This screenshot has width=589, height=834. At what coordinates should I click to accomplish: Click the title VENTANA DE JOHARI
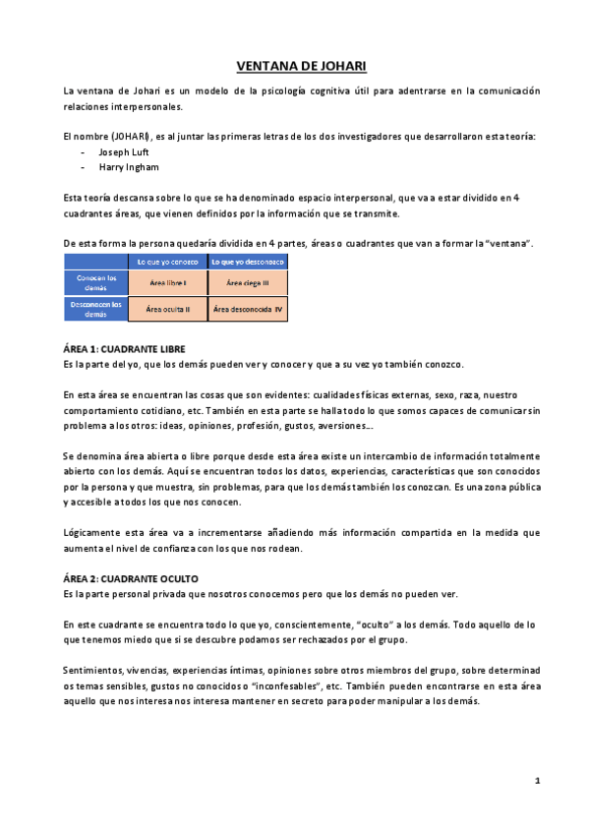click(301, 66)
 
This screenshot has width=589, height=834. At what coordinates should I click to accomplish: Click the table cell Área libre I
click(168, 282)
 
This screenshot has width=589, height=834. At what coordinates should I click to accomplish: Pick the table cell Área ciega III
click(248, 282)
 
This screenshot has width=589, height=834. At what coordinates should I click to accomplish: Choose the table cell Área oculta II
click(168, 309)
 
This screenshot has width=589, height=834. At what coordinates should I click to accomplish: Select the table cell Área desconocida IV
click(248, 309)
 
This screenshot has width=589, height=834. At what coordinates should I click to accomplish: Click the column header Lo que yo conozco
click(168, 262)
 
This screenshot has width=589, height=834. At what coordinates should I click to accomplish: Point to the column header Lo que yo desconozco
click(248, 262)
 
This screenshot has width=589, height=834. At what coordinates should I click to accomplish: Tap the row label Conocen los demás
click(96, 282)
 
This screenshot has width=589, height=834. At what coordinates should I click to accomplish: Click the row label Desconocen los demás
click(96, 309)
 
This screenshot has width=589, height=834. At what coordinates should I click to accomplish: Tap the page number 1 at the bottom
click(537, 781)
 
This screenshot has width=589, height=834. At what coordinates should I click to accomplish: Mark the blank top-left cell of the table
click(96, 262)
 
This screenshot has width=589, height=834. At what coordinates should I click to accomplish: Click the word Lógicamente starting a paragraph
click(90, 533)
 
